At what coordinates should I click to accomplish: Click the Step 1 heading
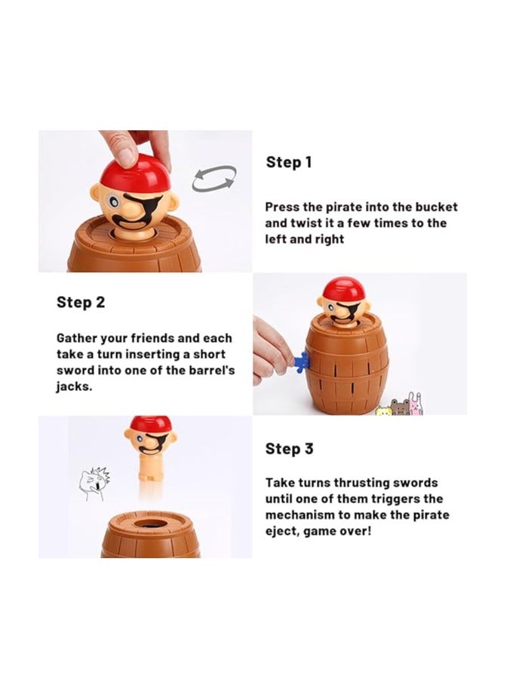(x=289, y=162)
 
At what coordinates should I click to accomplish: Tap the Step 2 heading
(x=81, y=303)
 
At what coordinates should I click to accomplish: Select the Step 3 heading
(x=289, y=449)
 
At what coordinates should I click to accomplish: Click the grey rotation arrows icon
(x=214, y=179)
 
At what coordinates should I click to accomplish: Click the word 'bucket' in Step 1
(x=437, y=206)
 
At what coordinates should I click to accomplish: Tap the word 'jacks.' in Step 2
(x=75, y=386)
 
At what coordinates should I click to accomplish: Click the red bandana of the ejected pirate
(x=150, y=423)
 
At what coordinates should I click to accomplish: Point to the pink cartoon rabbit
(x=414, y=403)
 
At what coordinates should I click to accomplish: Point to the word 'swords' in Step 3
(x=413, y=482)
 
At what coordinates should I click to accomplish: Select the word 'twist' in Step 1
(x=302, y=223)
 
